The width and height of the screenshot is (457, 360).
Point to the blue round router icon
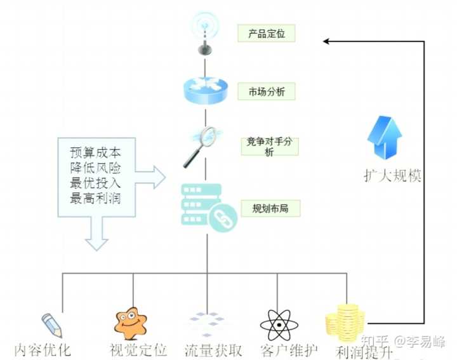(x=204, y=91)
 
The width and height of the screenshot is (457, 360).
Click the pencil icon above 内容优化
(x=52, y=324)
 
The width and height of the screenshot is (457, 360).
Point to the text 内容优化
(x=43, y=349)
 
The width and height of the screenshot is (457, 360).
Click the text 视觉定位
(x=138, y=349)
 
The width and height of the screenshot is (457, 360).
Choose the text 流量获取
(x=213, y=349)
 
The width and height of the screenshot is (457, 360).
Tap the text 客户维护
(x=288, y=349)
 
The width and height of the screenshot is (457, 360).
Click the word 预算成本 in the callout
(x=95, y=154)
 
